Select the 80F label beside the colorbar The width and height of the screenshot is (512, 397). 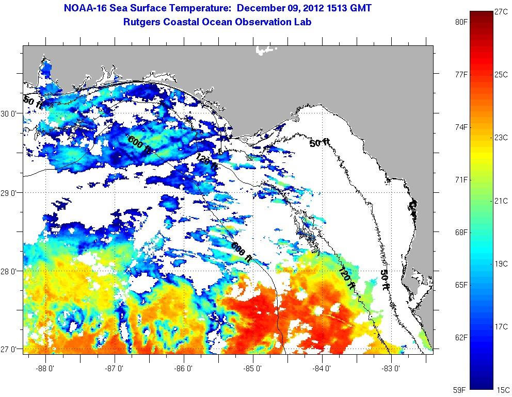point(461,22)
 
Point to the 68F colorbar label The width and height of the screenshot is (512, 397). point(461,233)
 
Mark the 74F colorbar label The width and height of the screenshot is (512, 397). point(461,127)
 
